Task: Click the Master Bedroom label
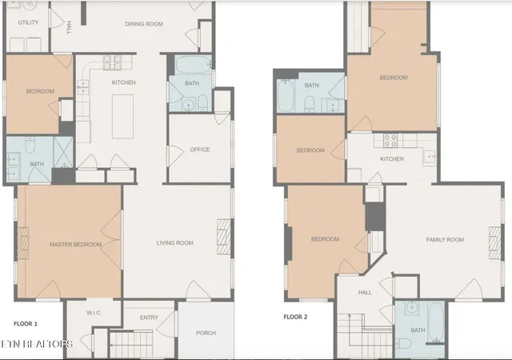pyautogui.click(x=75, y=244)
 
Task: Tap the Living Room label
pyautogui.click(x=174, y=242)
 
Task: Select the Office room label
pyautogui.click(x=199, y=150)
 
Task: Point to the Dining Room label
pyautogui.click(x=144, y=24)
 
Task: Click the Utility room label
pyautogui.click(x=28, y=22)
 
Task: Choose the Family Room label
pyautogui.click(x=445, y=239)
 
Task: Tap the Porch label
pyautogui.click(x=206, y=333)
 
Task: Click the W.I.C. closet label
pyautogui.click(x=94, y=313)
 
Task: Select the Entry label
pyautogui.click(x=149, y=318)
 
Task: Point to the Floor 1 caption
pyautogui.click(x=26, y=324)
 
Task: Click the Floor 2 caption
pyautogui.click(x=295, y=317)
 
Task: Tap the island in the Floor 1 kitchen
pyautogui.click(x=122, y=117)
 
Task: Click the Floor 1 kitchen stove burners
pyautogui.click(x=112, y=62)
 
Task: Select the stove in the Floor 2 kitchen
pyautogui.click(x=390, y=141)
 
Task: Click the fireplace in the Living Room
pyautogui.click(x=224, y=237)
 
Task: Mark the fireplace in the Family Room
pyautogui.click(x=494, y=243)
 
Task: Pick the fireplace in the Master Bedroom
pyautogui.click(x=23, y=243)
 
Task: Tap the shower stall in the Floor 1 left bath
pyautogui.click(x=64, y=153)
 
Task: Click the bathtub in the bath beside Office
pyautogui.click(x=193, y=66)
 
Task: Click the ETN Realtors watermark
pyautogui.click(x=36, y=344)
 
